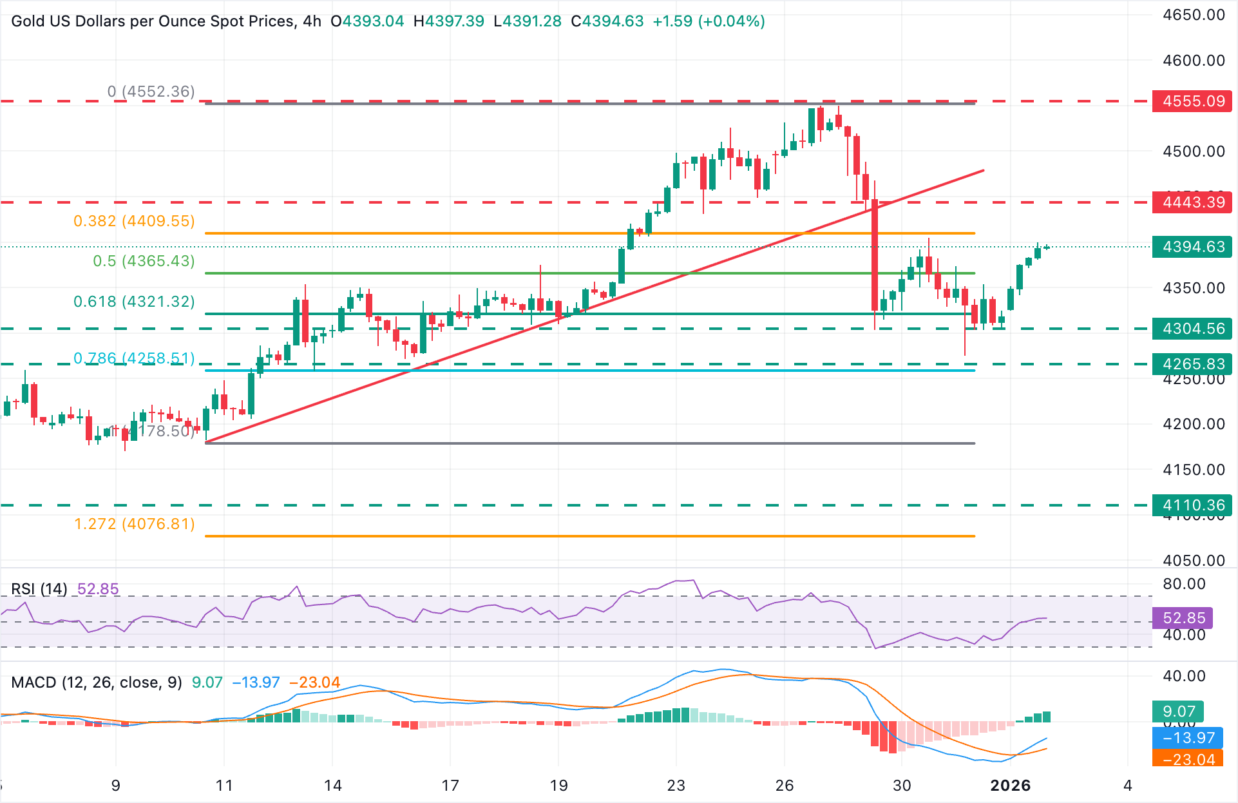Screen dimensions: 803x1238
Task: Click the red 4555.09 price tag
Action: click(x=1192, y=101)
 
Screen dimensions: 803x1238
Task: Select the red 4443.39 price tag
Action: click(x=1192, y=202)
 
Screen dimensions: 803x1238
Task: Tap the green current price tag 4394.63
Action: click(x=1192, y=247)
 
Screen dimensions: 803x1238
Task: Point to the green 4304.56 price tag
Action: click(x=1192, y=329)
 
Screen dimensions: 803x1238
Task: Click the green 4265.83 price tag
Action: click(x=1192, y=364)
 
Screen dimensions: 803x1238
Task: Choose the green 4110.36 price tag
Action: click(x=1192, y=505)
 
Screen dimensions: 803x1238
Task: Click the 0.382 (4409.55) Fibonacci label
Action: click(x=134, y=221)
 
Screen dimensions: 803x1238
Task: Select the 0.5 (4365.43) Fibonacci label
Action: click(x=144, y=261)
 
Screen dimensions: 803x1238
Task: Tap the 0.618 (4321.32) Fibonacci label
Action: click(x=134, y=302)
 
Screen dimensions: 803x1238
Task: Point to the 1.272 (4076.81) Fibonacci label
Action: click(x=134, y=524)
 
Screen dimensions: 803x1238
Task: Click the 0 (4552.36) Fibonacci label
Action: click(x=151, y=92)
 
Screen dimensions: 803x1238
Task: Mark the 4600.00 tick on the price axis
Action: click(x=1194, y=61)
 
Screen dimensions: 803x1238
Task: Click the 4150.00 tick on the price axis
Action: click(x=1194, y=470)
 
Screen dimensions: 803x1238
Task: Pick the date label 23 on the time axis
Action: click(x=676, y=786)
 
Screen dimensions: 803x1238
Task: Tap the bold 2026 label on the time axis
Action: click(x=1010, y=786)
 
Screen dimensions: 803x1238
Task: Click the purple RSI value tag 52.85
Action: click(x=1183, y=618)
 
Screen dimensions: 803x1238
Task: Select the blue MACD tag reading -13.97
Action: click(x=1188, y=738)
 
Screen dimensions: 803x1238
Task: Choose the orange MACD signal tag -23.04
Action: click(x=1188, y=759)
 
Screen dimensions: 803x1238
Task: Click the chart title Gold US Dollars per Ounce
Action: click(x=153, y=21)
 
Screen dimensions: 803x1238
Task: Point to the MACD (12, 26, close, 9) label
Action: click(x=97, y=682)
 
